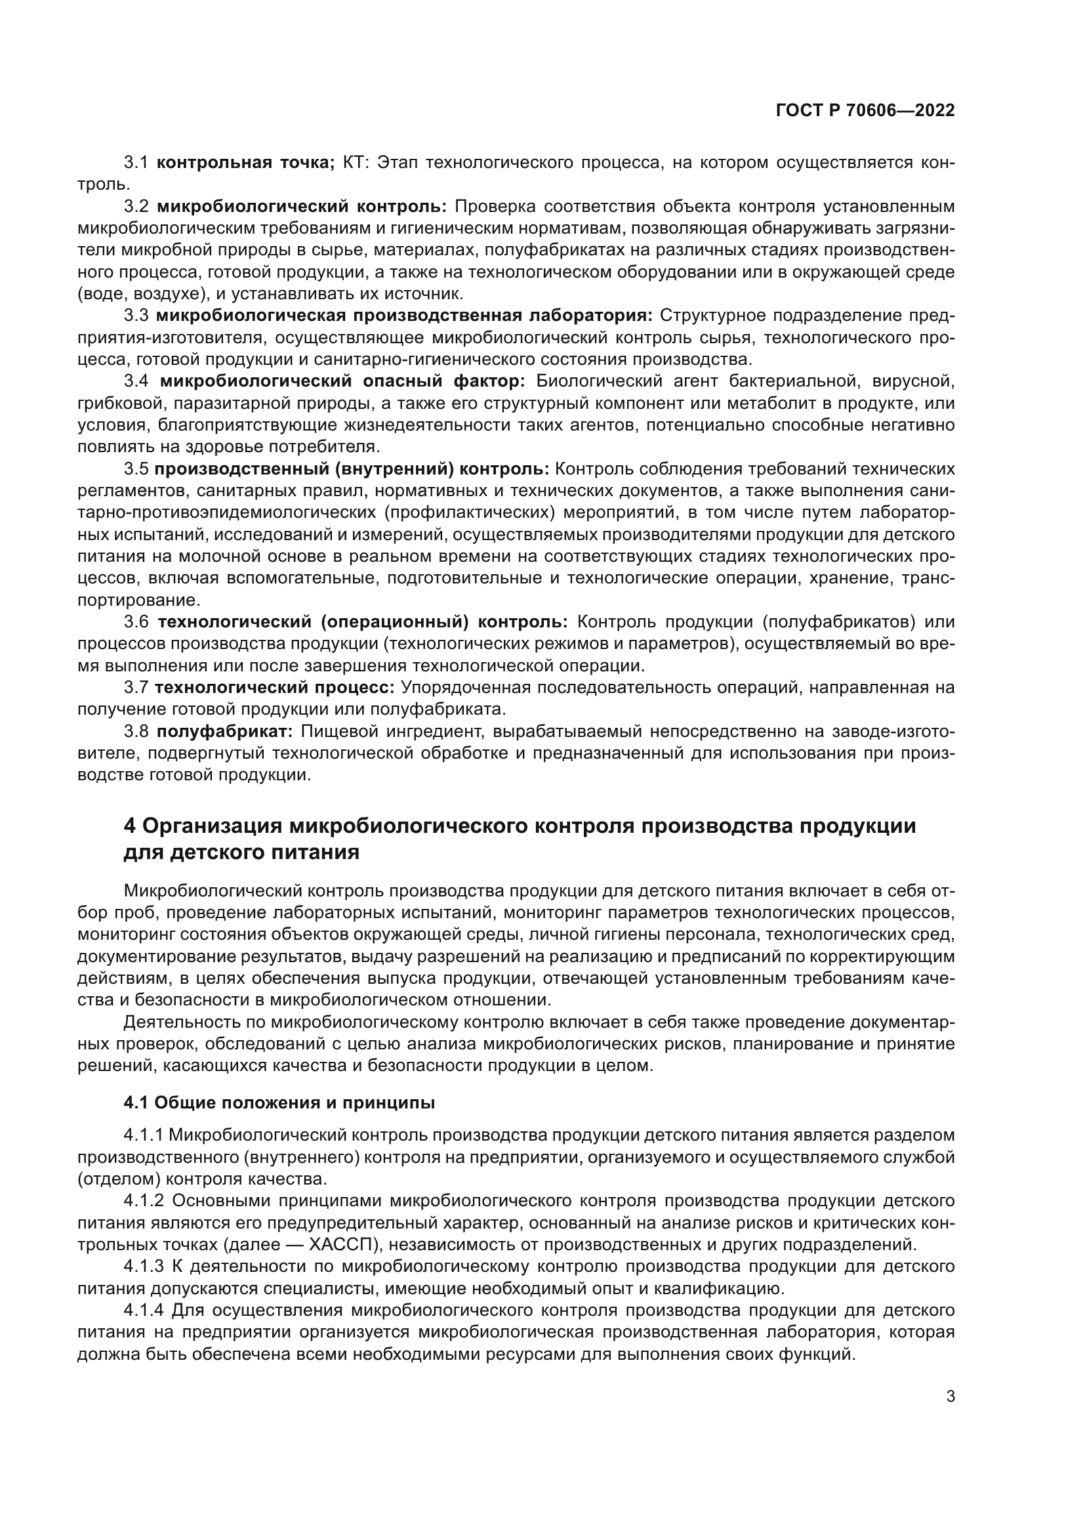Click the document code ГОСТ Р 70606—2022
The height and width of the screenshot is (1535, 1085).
pyautogui.click(x=865, y=111)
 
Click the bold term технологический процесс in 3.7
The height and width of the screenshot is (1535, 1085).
pyautogui.click(x=275, y=688)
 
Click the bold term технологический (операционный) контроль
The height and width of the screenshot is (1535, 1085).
pyautogui.click(x=362, y=622)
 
